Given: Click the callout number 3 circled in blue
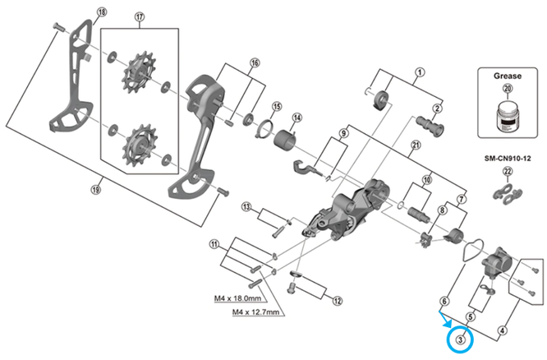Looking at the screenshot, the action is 461,339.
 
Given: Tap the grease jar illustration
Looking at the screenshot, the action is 508,116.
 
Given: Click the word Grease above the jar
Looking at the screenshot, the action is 508,76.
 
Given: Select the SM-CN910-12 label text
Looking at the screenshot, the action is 508,158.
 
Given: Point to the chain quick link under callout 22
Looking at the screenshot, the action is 508,191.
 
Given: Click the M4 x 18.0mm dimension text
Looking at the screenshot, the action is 237,298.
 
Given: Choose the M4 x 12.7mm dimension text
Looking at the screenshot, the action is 255,312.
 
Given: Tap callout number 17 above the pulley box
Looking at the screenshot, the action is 140,16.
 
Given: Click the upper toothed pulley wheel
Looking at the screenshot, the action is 140,72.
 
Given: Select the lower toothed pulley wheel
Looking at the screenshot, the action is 140,145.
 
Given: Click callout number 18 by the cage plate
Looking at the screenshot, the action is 102,12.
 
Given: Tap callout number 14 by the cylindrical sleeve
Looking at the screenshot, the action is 296,118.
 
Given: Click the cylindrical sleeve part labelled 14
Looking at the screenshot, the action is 285,141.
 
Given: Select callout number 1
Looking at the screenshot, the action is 420,72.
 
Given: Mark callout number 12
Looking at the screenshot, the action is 338,301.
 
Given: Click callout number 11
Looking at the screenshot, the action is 214,244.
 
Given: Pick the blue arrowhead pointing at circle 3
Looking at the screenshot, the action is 448,324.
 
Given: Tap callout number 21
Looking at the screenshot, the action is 416,145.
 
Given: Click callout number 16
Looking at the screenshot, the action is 255,62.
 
